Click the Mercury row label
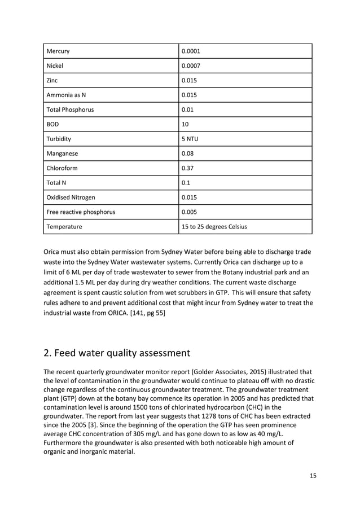click(x=60, y=51)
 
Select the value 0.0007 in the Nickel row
click(x=191, y=65)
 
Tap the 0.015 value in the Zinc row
click(x=189, y=80)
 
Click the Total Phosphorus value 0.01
click(x=187, y=109)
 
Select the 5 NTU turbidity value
click(x=190, y=139)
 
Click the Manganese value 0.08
click(x=187, y=153)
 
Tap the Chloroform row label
click(x=65, y=168)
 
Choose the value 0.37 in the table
click(x=187, y=168)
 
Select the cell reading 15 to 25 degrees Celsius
click(x=214, y=227)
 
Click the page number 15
click(x=313, y=476)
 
